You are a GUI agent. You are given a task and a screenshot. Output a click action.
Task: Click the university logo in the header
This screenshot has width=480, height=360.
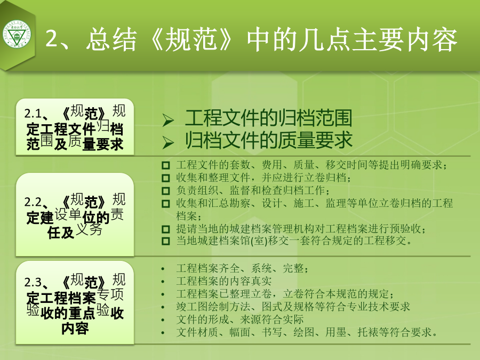17,35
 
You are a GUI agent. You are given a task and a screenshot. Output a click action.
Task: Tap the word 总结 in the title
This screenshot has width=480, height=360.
111,39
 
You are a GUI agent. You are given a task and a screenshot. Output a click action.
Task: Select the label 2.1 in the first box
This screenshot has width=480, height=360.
33,114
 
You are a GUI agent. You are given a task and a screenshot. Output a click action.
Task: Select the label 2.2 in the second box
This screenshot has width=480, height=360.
33,202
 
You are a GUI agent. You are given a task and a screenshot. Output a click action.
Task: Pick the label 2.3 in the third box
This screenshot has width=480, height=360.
33,282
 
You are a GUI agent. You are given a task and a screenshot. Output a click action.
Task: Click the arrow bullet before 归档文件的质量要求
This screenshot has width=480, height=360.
168,142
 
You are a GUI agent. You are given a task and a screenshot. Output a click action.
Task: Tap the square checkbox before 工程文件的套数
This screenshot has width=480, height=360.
166,166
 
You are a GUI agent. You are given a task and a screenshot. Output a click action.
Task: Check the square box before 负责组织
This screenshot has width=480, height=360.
166,191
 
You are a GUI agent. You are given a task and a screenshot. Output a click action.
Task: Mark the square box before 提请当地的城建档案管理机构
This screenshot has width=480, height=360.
166,229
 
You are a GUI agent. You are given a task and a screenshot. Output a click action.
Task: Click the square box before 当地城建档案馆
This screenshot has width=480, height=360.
166,241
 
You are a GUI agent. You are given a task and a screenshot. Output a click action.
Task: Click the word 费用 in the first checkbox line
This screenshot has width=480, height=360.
272,165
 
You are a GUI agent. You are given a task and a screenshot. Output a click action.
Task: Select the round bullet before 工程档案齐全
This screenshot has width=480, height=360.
163,269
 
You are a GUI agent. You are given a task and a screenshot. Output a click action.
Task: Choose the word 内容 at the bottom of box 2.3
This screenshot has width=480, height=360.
75,329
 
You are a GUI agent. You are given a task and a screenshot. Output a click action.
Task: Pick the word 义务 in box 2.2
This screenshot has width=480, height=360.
89,229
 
